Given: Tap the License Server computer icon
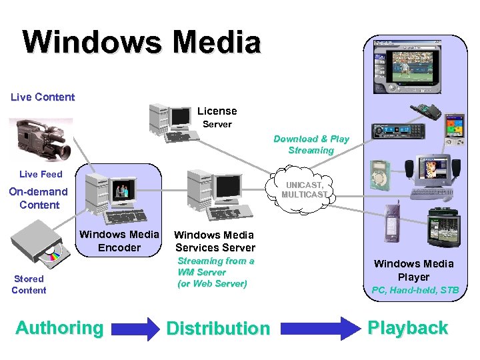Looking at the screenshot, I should pos(173,122).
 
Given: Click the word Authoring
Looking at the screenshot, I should pos(59,328).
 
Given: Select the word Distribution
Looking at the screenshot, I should pos(218,328).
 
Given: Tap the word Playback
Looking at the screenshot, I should pos(407,328).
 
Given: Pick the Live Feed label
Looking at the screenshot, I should pos(41,174).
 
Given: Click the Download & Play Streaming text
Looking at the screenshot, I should pos(311,145).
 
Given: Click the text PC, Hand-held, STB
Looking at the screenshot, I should pos(414,290).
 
